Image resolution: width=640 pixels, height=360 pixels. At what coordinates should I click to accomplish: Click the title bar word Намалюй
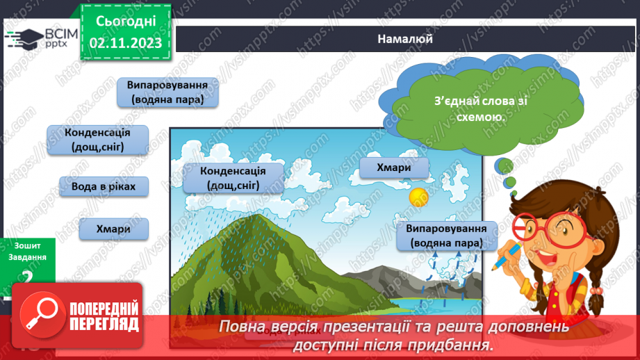coord(405,39)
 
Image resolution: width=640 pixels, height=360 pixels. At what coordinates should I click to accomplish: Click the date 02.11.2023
coord(125,42)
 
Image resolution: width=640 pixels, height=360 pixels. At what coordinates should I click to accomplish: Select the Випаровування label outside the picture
coord(167,92)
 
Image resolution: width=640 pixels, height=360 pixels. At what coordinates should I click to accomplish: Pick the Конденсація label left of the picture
coord(97,139)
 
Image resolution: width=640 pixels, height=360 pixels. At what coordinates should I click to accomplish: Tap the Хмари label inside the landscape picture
coord(393,167)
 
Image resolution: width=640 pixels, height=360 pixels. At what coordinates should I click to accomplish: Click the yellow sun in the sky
coord(419,197)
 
